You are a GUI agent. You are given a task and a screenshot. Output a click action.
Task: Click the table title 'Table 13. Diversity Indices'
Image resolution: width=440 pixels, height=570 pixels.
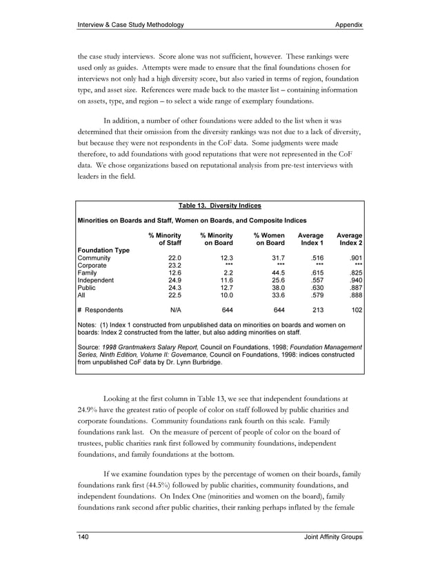pos(220,206)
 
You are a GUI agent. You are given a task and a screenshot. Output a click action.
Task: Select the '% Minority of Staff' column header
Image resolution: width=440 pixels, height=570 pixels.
pos(165,239)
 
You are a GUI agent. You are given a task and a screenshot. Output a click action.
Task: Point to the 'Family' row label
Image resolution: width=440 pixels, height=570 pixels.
pos(90,273)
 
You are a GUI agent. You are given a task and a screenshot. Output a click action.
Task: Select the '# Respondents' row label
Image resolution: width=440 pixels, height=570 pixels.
pos(101,311)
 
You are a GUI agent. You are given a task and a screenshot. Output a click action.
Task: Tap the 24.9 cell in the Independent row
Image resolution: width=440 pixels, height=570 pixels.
pos(173,280)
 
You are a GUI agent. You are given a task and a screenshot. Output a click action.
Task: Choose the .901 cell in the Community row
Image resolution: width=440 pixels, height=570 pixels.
pos(354,257)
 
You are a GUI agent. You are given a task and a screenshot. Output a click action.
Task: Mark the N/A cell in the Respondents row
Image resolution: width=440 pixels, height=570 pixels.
pos(175,311)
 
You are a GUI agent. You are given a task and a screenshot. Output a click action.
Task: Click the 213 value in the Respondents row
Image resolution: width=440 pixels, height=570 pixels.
pos(317,311)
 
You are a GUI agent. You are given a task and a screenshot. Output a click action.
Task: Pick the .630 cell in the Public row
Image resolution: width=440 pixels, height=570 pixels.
pos(316,288)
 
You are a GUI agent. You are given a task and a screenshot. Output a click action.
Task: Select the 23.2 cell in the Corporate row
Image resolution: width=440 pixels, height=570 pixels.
pos(173,265)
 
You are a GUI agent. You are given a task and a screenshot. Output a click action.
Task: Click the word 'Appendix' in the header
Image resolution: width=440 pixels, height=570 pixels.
pos(348,25)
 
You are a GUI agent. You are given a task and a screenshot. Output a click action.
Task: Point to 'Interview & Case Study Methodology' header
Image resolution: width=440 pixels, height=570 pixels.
pos(130,25)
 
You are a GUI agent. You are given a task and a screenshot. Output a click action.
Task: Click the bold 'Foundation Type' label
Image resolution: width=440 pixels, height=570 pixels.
pos(103,250)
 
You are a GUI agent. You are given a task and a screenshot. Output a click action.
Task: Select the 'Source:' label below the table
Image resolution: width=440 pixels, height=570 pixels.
pos(90,346)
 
